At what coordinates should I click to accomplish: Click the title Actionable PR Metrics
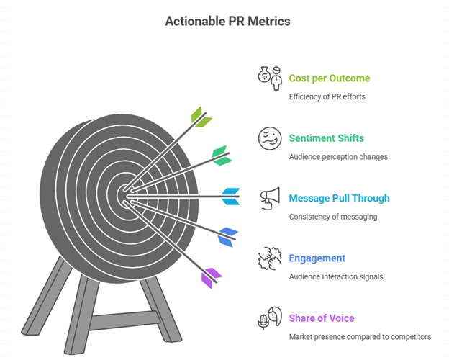click(227, 21)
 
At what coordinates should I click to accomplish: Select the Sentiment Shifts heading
click(326, 138)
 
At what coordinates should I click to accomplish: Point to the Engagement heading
click(317, 258)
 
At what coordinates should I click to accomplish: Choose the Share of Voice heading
click(322, 318)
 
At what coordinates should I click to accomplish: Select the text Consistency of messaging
click(333, 217)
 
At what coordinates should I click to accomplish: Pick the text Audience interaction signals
click(335, 276)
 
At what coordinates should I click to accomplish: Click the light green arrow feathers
click(201, 116)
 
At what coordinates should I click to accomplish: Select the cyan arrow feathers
click(231, 196)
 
